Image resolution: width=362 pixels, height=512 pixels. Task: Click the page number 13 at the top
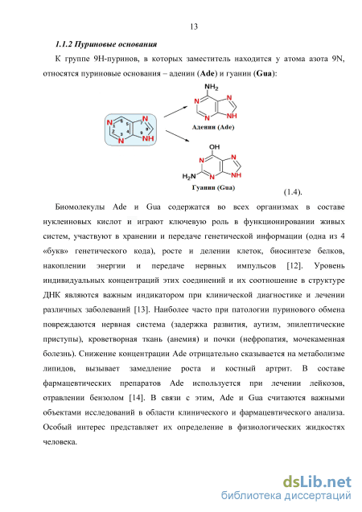(194, 27)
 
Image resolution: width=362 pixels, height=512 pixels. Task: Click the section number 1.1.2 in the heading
(64, 44)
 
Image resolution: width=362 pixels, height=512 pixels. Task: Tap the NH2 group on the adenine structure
(212, 87)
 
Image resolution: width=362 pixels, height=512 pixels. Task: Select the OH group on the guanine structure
(214, 147)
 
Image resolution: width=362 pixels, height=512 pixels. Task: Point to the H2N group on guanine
(189, 177)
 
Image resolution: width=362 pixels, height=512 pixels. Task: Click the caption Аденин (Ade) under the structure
(213, 127)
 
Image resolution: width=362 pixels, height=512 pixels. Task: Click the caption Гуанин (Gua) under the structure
(213, 187)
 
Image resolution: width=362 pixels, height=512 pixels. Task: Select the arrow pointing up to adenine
(176, 112)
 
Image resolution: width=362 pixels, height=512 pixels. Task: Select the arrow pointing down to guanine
(178, 136)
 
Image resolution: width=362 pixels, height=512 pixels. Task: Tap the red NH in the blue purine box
(148, 138)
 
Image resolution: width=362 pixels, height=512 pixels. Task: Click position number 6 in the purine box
(121, 121)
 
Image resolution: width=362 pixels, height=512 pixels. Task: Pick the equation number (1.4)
(293, 192)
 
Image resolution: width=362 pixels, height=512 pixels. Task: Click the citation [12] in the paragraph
(294, 266)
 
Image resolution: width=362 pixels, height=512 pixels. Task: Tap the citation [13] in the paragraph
(142, 309)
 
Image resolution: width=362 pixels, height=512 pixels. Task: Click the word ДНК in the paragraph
(52, 295)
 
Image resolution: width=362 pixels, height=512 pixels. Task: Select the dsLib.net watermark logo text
(317, 482)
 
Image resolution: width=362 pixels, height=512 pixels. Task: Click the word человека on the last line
(60, 442)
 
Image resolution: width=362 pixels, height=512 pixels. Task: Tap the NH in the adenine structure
(232, 116)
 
